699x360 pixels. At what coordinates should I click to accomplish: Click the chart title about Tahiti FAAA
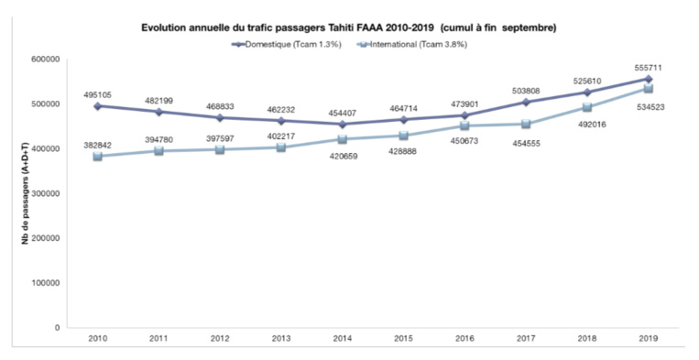click(x=348, y=28)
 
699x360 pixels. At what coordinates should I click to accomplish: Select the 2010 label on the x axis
click(x=96, y=341)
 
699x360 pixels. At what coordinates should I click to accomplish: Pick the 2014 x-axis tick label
click(x=342, y=341)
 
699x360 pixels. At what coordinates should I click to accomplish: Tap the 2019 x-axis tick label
click(x=648, y=341)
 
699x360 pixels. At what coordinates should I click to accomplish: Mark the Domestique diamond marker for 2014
click(x=342, y=124)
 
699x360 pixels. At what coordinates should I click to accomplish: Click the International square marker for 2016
click(x=464, y=126)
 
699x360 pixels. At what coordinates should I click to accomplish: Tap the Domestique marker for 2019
click(x=648, y=79)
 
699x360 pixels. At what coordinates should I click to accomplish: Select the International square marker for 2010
click(x=96, y=156)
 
